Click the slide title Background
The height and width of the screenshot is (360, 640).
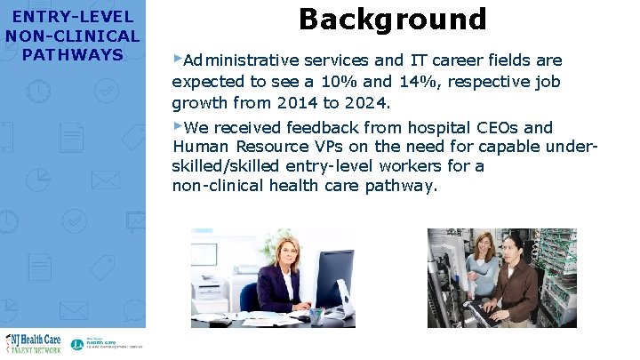point(393,19)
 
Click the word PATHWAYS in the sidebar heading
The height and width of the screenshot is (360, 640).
point(73,55)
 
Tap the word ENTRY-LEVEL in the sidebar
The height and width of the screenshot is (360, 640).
point(73,17)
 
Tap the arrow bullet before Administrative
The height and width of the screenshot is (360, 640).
point(177,59)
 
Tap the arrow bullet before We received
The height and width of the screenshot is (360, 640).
point(177,125)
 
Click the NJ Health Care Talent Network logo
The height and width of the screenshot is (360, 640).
point(34,342)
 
